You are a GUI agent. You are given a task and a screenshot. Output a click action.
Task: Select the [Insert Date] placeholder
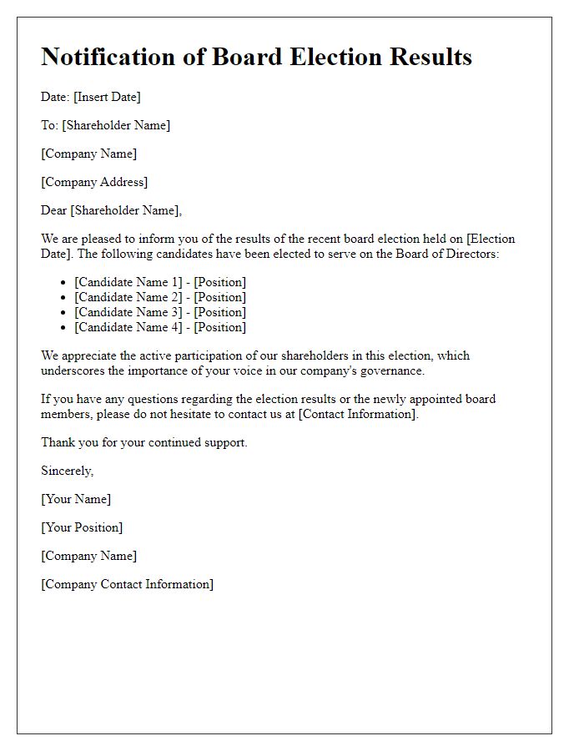pyautogui.click(x=107, y=97)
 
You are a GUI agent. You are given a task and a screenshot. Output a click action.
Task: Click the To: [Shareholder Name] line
pyautogui.click(x=105, y=125)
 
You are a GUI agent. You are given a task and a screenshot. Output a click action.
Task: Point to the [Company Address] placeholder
pyautogui.click(x=94, y=182)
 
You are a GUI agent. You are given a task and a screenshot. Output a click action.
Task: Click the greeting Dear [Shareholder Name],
pyautogui.click(x=111, y=210)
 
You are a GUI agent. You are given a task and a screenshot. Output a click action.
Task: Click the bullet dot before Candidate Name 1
pyautogui.click(x=64, y=283)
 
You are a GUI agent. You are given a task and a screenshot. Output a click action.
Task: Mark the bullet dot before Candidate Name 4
pyautogui.click(x=64, y=328)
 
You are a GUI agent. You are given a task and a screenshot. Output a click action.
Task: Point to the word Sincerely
pyautogui.click(x=67, y=471)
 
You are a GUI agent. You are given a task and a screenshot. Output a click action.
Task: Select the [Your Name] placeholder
pyautogui.click(x=76, y=499)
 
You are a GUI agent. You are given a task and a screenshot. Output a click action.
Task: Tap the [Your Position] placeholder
pyautogui.click(x=82, y=527)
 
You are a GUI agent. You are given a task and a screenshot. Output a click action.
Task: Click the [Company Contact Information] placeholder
pyautogui.click(x=127, y=584)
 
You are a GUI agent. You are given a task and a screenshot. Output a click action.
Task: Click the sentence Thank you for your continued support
pyautogui.click(x=144, y=442)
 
